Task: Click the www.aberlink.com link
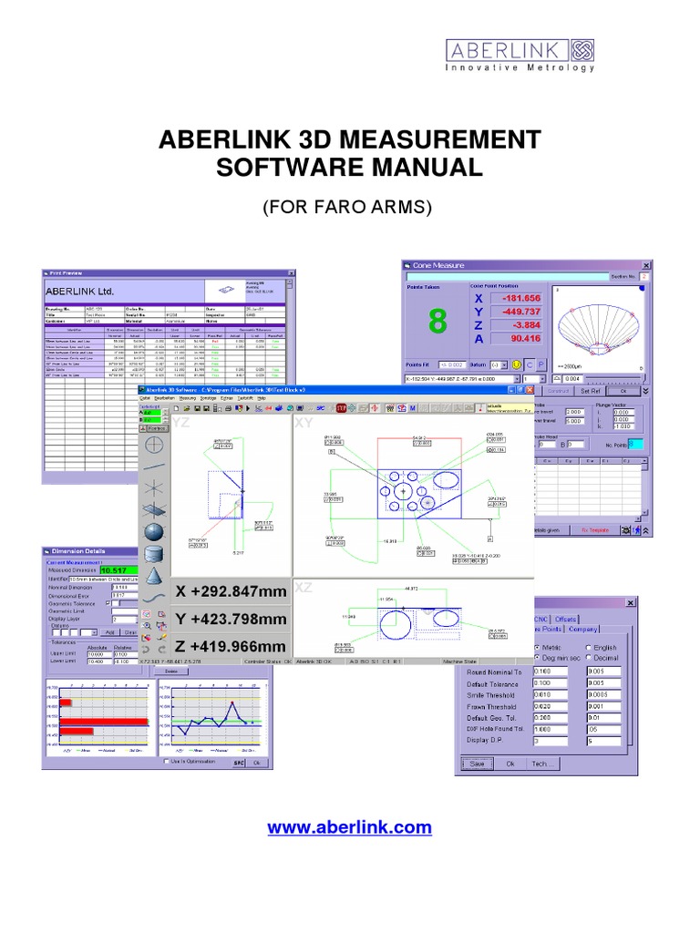point(349,827)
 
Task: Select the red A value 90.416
point(514,340)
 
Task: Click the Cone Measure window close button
point(646,265)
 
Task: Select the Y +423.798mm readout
point(231,620)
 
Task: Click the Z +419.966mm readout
point(231,648)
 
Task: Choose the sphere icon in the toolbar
point(154,531)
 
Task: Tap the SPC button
point(239,763)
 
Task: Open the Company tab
point(582,629)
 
